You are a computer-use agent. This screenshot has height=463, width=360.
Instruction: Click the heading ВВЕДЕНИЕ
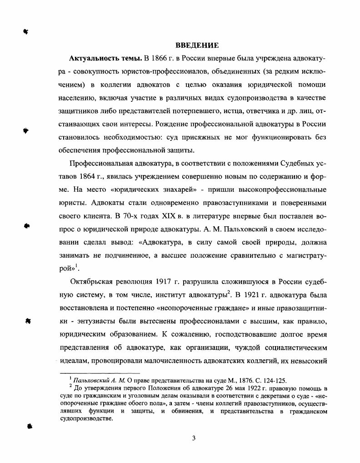[x=197, y=45]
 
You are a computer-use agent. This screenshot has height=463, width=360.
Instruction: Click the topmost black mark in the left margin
[x=26, y=31]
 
